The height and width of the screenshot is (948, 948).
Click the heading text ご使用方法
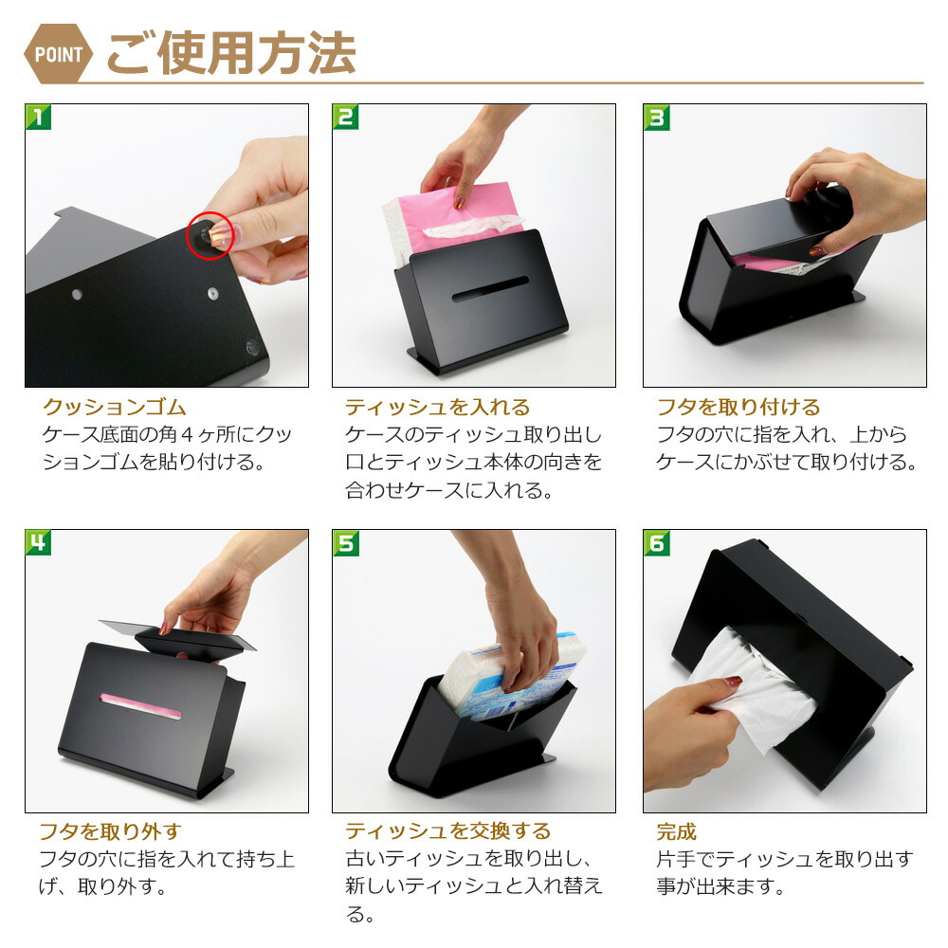coord(230,54)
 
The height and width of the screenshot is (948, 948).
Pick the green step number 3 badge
coord(657,118)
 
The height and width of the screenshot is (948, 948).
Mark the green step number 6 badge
coord(657,543)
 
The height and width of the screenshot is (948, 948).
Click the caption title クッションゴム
coord(115,408)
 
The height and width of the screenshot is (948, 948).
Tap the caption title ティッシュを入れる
coord(437,408)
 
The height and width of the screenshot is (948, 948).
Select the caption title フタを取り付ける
coord(738,408)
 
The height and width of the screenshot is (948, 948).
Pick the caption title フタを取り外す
coord(109,832)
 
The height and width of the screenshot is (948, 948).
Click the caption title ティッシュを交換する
coord(447,832)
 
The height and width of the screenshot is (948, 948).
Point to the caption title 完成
coord(676,832)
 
